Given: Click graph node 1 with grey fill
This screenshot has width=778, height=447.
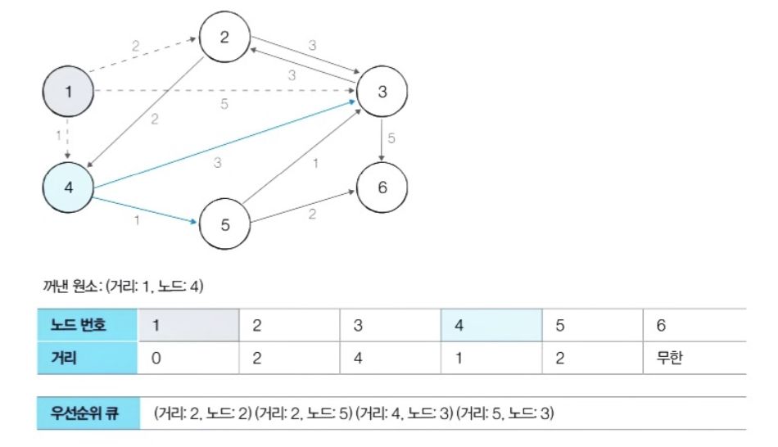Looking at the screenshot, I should click(68, 92).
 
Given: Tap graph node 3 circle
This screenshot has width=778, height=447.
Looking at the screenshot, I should click(382, 91).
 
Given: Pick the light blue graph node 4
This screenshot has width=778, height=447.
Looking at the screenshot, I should click(68, 186).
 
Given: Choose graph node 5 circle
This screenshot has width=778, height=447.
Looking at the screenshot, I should click(224, 224).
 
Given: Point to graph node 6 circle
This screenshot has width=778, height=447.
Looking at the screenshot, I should click(382, 186).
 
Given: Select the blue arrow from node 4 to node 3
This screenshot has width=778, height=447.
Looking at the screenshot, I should click(221, 144).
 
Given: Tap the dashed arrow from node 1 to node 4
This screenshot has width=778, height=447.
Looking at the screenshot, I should click(68, 138).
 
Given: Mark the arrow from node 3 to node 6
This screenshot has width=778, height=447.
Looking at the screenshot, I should click(382, 138).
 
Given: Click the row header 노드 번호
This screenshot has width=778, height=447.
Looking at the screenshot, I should click(87, 325).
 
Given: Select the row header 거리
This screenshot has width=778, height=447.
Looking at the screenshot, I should click(87, 358).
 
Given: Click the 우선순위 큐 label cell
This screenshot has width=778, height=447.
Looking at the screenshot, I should click(87, 413).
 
